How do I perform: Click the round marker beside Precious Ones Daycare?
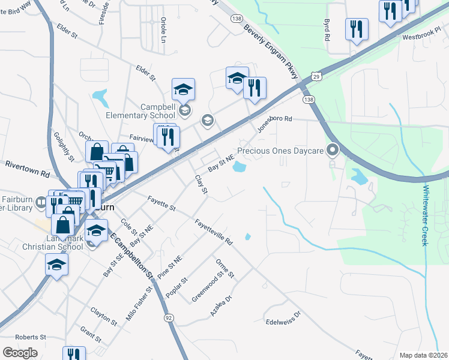coord(331,150)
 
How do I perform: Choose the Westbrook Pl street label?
coord(421,37)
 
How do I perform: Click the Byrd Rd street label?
coord(328,29)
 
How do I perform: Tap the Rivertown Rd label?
coord(27,168)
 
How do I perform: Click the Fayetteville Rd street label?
coord(213,231)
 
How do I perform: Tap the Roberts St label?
coord(31,338)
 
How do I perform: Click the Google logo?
coord(20,353)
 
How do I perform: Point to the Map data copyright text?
coord(423,355)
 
